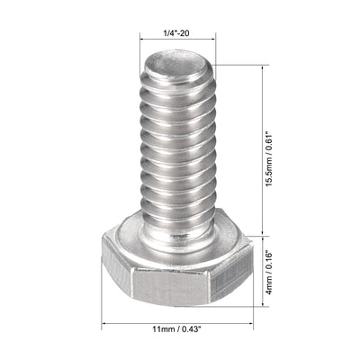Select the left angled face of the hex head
117,272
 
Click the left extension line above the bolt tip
142,49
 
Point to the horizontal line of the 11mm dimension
177,326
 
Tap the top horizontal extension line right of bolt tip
241,65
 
